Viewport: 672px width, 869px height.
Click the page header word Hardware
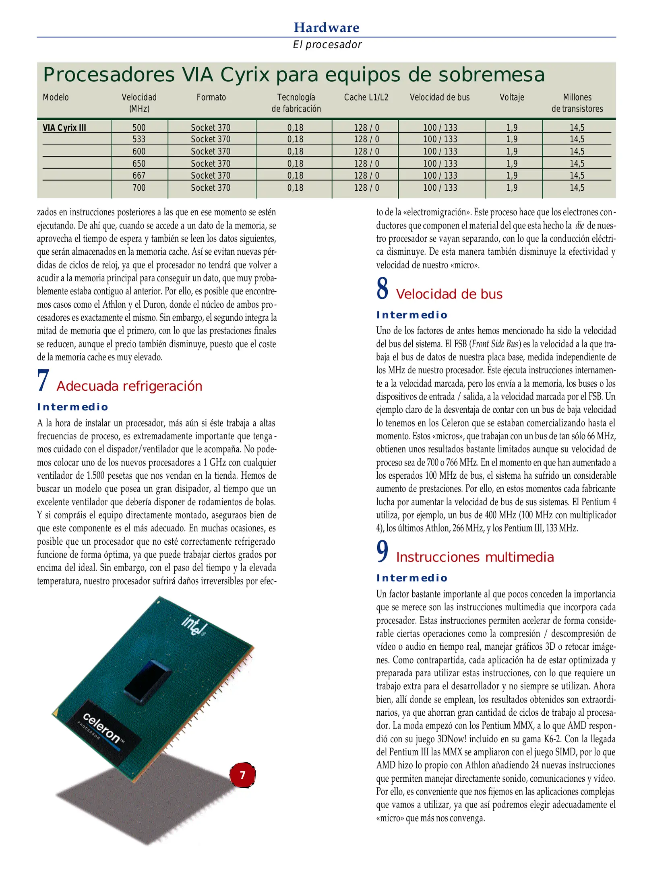click(x=326, y=27)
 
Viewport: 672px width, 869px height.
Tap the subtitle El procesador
click(x=327, y=45)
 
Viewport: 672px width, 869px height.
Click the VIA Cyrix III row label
click(x=64, y=128)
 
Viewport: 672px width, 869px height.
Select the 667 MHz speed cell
click(x=139, y=175)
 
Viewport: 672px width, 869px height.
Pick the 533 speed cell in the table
click(x=139, y=139)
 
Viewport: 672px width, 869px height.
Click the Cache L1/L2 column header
click(x=366, y=97)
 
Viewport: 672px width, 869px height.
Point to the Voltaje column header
click(x=512, y=97)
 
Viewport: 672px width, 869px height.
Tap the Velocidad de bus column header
click(x=440, y=97)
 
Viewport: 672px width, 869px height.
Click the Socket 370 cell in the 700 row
click(x=211, y=188)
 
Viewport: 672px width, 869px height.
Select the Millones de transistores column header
click(x=577, y=103)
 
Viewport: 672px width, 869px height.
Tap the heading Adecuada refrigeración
click(x=129, y=386)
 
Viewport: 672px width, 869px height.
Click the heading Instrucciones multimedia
click(x=475, y=557)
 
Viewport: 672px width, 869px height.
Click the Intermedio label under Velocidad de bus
click(x=411, y=315)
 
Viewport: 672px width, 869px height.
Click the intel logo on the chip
click(x=194, y=626)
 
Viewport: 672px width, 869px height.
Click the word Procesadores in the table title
click(x=109, y=75)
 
